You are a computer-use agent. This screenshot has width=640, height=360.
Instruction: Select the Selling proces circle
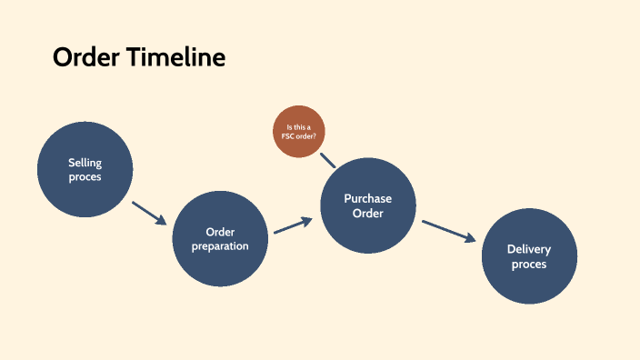pyautogui.click(x=85, y=169)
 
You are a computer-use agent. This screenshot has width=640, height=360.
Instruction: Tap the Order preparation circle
pyautogui.click(x=220, y=238)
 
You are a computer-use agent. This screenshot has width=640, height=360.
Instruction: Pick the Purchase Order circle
pyautogui.click(x=368, y=205)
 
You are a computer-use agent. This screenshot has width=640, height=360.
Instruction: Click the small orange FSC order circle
pyautogui.click(x=299, y=132)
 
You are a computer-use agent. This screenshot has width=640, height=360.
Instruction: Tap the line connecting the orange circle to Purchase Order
pyautogui.click(x=328, y=160)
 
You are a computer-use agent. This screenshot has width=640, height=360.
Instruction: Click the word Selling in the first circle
pyautogui.click(x=85, y=163)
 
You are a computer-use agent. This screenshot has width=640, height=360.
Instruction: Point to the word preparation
pyautogui.click(x=220, y=245)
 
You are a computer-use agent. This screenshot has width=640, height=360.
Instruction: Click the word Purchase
pyautogui.click(x=368, y=198)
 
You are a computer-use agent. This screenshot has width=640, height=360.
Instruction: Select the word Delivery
pyautogui.click(x=528, y=249)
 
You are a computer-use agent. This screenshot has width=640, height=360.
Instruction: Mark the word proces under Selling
pyautogui.click(x=85, y=177)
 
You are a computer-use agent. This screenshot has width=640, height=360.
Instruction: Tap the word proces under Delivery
pyautogui.click(x=528, y=265)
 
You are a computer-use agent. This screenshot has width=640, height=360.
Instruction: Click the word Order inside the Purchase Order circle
pyautogui.click(x=368, y=214)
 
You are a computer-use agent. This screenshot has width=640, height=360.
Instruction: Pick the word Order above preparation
pyautogui.click(x=220, y=231)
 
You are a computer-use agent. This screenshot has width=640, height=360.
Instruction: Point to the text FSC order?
pyautogui.click(x=299, y=136)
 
